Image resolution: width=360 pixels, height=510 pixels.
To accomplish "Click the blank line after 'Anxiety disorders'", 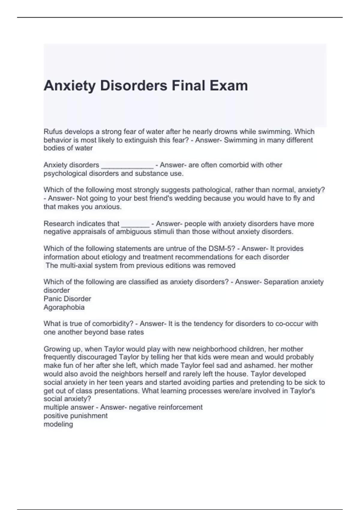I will coord(127,166).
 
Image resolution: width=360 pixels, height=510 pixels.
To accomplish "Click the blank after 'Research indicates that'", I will coord(135,224).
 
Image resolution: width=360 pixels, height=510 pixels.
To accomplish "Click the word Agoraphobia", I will coord(64,307).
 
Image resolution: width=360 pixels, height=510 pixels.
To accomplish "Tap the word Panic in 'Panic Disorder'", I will coord(53,299).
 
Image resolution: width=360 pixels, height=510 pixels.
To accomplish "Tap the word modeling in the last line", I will coord(58,424).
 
